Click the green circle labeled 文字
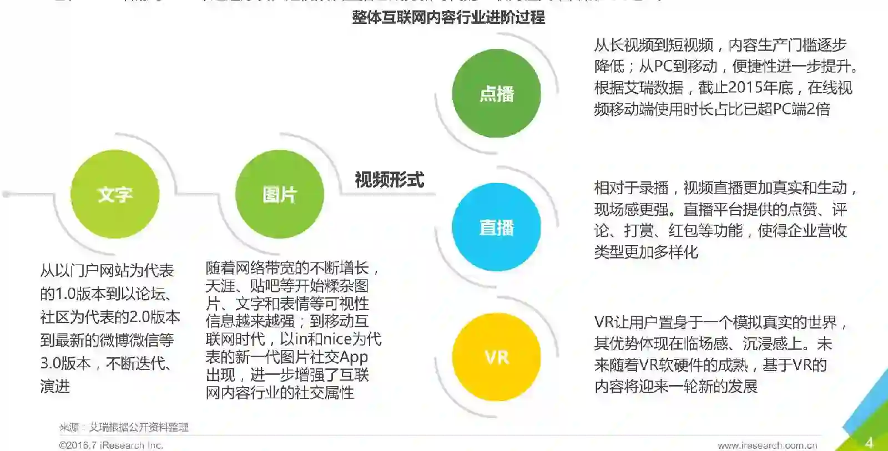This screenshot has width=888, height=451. (115, 194)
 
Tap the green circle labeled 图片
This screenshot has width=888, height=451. (280, 194)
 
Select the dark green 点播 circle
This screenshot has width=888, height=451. (496, 93)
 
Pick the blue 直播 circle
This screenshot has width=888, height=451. (496, 227)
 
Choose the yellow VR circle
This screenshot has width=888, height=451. (496, 357)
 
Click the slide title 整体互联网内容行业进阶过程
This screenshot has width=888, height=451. (448, 17)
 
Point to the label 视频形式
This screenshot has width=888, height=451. (389, 180)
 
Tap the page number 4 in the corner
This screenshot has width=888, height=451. (869, 442)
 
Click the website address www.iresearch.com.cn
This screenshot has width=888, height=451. (767, 445)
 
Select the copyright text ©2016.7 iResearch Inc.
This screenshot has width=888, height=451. (111, 445)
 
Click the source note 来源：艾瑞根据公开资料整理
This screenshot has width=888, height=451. (124, 427)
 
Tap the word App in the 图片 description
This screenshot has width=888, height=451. (354, 357)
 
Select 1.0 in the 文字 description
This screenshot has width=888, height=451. (66, 293)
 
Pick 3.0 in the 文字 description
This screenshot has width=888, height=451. (51, 363)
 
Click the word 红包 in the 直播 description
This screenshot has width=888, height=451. (683, 231)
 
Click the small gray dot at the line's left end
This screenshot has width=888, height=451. (6, 194)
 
